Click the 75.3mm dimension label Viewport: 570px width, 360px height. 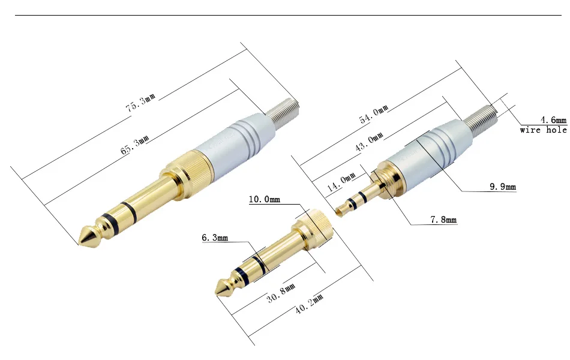140,103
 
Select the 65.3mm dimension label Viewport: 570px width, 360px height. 135,145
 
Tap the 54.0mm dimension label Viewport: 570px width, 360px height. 374,114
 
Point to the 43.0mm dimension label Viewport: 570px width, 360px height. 369,141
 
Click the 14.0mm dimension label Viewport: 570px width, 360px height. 341,182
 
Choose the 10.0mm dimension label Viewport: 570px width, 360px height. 264,199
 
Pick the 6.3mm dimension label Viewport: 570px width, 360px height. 215,238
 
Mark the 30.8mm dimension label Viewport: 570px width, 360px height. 281,293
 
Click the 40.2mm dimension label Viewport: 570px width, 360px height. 308,304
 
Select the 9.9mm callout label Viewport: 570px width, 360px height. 503,187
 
